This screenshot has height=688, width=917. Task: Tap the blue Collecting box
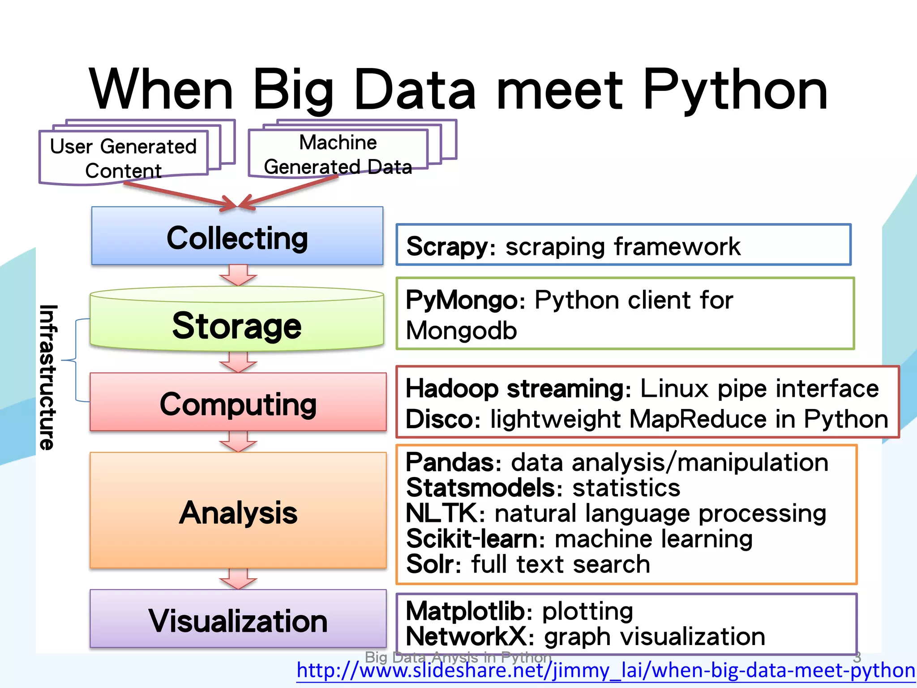coord(237,236)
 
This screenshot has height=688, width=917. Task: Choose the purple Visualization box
coord(238,620)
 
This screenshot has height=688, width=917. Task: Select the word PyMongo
coord(461,300)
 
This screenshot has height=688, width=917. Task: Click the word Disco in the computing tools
coord(439,420)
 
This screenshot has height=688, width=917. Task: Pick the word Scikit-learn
coord(471,538)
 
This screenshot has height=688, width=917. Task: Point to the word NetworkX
coord(466,636)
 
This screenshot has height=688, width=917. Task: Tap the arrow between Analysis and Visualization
coord(238,579)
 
